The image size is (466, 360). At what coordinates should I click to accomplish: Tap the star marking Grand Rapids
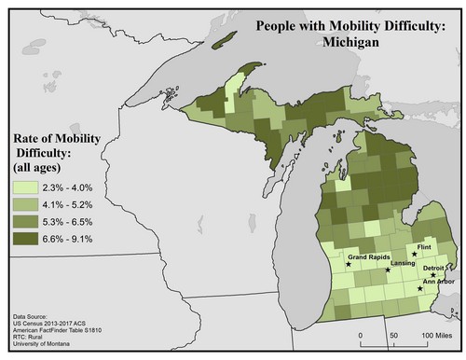pyautogui.click(x=349, y=264)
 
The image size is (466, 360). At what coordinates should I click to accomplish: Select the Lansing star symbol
pyautogui.click(x=388, y=270)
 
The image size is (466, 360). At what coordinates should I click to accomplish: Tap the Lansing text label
pyautogui.click(x=403, y=264)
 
